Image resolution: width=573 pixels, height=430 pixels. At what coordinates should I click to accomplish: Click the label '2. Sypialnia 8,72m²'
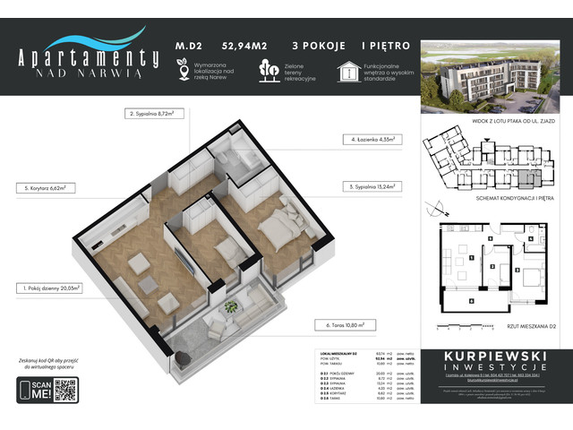point(150,115)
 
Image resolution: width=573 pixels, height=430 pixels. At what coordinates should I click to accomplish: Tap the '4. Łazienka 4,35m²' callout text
point(373,140)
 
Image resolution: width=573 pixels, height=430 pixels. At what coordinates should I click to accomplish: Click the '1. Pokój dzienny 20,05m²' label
point(49,288)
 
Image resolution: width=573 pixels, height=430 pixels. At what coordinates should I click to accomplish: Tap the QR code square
point(65,390)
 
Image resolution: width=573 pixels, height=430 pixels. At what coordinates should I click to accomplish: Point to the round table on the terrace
point(232,308)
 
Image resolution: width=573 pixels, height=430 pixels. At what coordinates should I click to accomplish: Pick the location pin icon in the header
point(183,68)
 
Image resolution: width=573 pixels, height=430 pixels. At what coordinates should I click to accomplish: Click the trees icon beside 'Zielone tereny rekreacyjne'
point(266,69)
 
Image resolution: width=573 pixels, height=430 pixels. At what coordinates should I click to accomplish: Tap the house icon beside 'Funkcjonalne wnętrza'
point(347,69)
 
